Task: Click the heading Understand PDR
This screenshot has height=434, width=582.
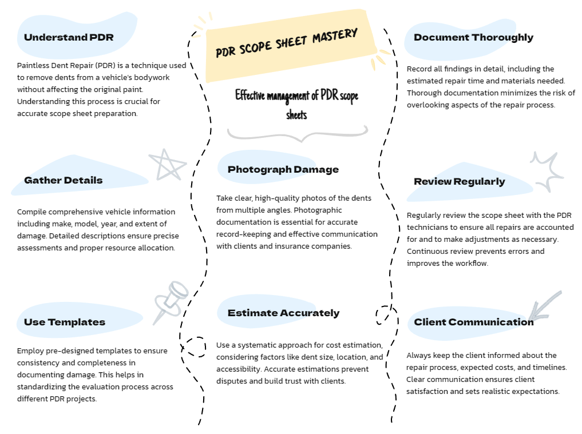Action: point(69,38)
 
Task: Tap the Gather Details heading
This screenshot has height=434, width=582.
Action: point(63,180)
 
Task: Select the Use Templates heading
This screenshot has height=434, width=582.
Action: point(65,322)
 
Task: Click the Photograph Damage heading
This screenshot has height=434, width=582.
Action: point(283,169)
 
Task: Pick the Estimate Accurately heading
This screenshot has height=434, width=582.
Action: point(284,313)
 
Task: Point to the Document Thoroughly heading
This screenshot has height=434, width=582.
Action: point(474,38)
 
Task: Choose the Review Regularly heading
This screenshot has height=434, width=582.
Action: point(460,181)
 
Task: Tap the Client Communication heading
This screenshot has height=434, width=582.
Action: point(474,322)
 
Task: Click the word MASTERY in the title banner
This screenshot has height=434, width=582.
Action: point(335,35)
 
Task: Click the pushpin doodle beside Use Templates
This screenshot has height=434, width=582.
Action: point(172,300)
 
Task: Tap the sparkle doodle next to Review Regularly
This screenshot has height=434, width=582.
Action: point(547,172)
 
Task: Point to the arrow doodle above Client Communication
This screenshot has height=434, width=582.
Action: point(545,306)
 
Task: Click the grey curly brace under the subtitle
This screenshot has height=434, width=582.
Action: point(298,134)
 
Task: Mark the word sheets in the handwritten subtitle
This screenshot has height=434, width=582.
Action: point(296,114)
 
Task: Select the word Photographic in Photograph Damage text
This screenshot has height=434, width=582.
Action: point(318,210)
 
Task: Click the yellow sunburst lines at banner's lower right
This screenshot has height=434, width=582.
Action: point(380,59)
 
